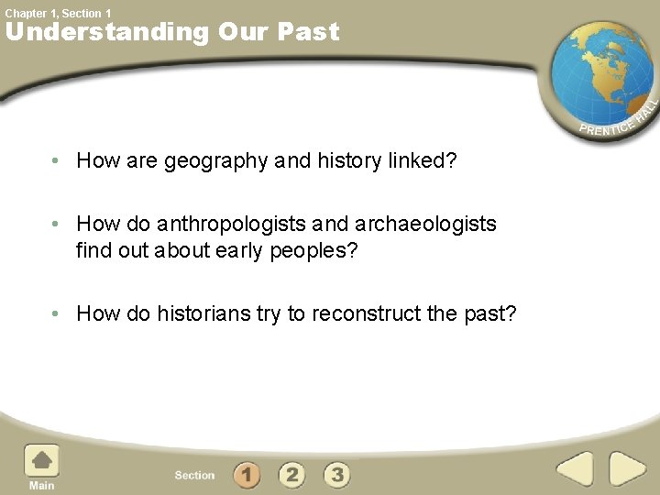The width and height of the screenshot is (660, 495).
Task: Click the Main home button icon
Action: click(40, 461)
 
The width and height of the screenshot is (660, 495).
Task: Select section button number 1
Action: click(246, 475)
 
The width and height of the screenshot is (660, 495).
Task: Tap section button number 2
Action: click(291, 475)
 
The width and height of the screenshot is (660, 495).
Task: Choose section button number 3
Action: click(337, 475)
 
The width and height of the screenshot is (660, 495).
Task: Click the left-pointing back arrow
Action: click(575, 469)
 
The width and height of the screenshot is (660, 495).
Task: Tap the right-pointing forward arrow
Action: click(628, 469)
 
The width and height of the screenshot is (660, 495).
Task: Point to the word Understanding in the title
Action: click(107, 32)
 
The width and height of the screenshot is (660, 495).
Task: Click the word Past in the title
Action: click(310, 32)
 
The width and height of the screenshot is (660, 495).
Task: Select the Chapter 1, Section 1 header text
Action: click(58, 13)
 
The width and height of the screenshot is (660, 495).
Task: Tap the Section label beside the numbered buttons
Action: click(194, 476)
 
